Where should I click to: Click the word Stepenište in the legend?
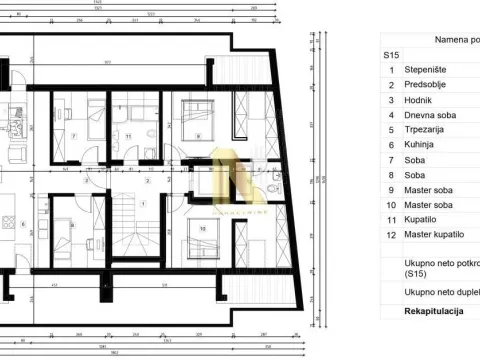tap(425, 70)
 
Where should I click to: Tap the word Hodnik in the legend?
tap(420, 100)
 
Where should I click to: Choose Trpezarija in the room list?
tap(425, 130)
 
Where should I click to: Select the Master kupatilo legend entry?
tap(433, 235)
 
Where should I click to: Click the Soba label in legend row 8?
tap(416, 175)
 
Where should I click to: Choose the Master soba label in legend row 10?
tap(428, 204)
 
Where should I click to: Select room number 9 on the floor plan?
tap(198, 137)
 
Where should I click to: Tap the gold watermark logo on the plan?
tap(238, 181)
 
